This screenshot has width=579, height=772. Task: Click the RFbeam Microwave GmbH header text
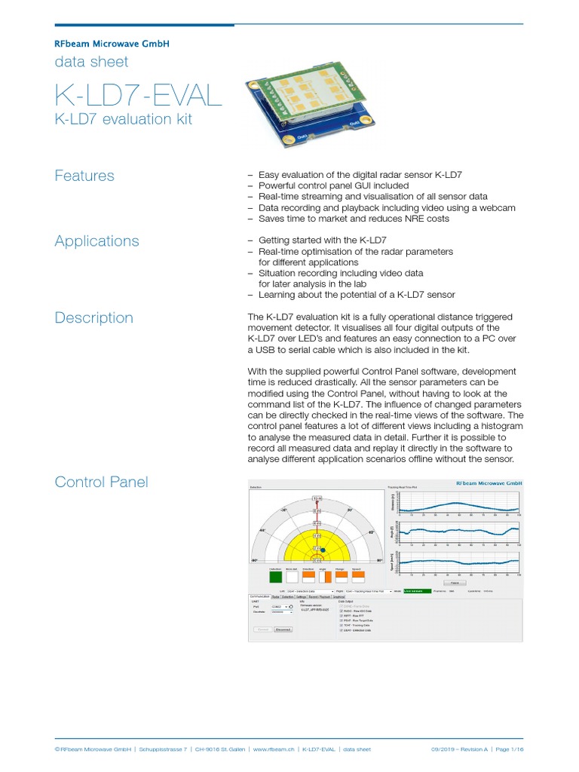pos(112,44)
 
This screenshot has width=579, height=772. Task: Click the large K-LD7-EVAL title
pos(138,96)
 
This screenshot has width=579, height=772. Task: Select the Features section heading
pos(84,176)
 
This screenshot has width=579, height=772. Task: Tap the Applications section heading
pos(96,241)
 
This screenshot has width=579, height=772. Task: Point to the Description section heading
pos(93,318)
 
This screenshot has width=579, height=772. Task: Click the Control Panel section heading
pos(101,482)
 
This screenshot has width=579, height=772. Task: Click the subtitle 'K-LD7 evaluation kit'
pos(123,119)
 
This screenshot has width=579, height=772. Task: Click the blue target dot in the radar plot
pos(323,551)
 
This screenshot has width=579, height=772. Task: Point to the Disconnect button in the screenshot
pos(283,629)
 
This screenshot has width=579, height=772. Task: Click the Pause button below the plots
pos(454,583)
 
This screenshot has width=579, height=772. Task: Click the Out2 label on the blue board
pos(300,137)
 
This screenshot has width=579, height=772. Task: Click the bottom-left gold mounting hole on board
pos(287,140)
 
